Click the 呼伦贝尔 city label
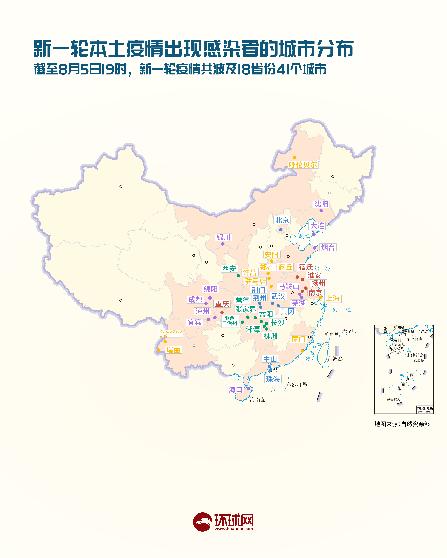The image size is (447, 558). click(303, 165)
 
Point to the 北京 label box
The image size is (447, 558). click(282, 220)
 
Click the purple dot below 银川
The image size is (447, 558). click(223, 244)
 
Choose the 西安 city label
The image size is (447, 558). click(229, 269)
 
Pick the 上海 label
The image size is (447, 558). click(333, 298)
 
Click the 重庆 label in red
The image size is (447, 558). click(222, 304)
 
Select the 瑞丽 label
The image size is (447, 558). click(173, 350)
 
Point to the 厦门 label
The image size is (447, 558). click(299, 339)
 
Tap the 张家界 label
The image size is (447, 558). click(245, 309)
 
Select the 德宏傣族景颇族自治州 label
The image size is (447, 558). click(171, 333)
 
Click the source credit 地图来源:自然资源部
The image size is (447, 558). click(402, 424)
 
